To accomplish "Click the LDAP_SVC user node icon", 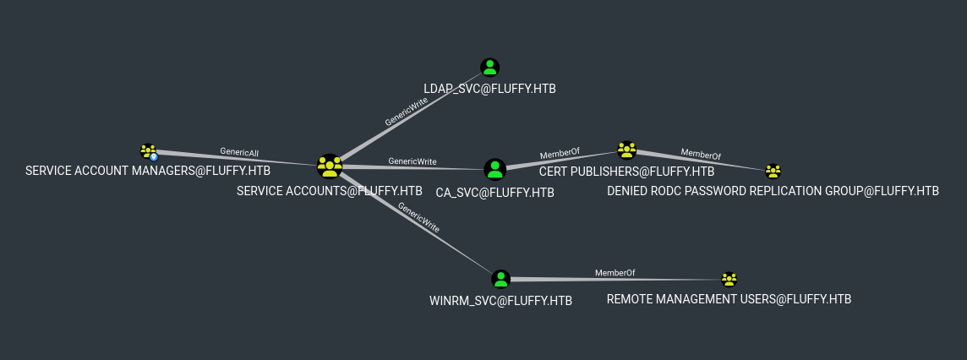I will (x=490, y=68).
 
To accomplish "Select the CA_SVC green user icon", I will (x=495, y=170).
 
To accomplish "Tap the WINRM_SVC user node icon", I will (x=501, y=279).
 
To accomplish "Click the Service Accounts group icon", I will (x=329, y=166).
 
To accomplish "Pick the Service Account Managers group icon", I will (x=149, y=152).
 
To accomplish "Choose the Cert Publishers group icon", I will (x=626, y=150).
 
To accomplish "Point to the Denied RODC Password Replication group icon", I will (x=773, y=172).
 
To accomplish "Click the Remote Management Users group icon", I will (x=729, y=279).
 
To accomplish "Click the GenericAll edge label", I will (x=239, y=153).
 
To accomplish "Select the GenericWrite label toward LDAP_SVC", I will (x=406, y=111).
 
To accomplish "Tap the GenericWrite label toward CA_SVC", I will (x=412, y=161).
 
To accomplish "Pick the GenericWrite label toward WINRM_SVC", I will (x=418, y=217).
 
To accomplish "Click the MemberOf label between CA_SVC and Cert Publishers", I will (x=560, y=154).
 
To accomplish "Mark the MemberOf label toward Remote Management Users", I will (x=615, y=273).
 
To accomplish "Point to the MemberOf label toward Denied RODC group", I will (x=701, y=155).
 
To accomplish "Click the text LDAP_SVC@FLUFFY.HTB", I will (x=489, y=89).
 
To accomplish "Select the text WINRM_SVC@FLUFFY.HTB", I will (x=500, y=301).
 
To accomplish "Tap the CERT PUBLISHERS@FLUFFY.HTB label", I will (x=626, y=172).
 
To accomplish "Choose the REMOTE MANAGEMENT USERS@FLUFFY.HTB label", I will (x=729, y=300).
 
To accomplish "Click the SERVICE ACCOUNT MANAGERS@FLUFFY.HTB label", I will (x=148, y=171).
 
